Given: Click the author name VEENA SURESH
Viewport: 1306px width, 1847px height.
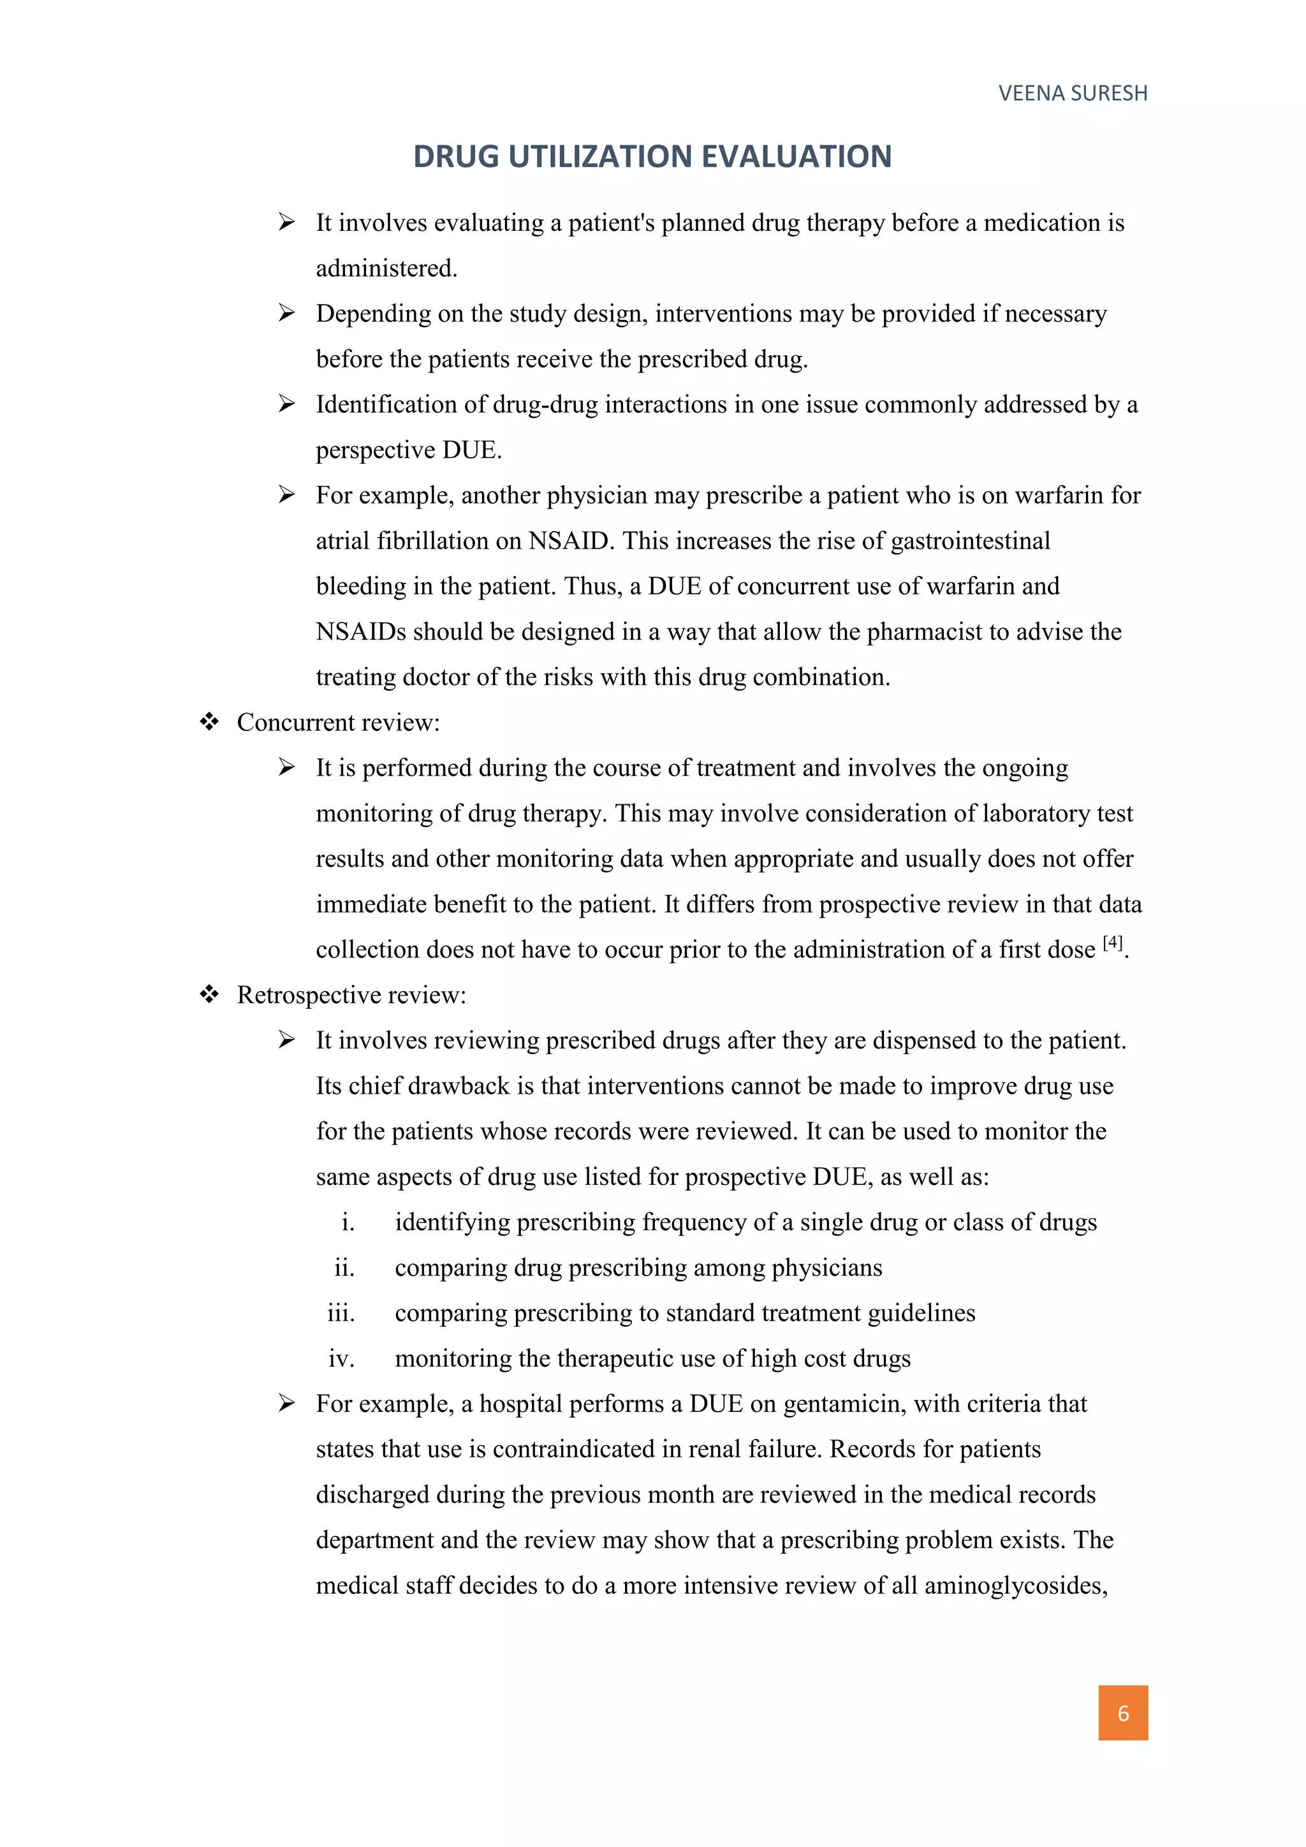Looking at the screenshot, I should [1072, 93].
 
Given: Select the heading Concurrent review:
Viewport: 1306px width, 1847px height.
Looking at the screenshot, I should [338, 723].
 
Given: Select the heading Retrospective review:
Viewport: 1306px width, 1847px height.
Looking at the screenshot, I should [351, 995].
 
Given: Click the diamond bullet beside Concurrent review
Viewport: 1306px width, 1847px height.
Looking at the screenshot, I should [209, 723].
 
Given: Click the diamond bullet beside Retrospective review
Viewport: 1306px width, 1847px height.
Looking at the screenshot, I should [209, 995].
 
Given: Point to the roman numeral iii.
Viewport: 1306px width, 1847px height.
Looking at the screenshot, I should [341, 1313].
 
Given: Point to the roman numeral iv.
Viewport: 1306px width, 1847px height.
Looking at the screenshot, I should [341, 1358].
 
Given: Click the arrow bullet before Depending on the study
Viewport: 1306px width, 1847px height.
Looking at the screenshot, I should [287, 313].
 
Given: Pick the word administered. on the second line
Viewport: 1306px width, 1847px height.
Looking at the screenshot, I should [386, 268].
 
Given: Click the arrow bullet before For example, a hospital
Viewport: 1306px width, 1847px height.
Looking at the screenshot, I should [287, 1404].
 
